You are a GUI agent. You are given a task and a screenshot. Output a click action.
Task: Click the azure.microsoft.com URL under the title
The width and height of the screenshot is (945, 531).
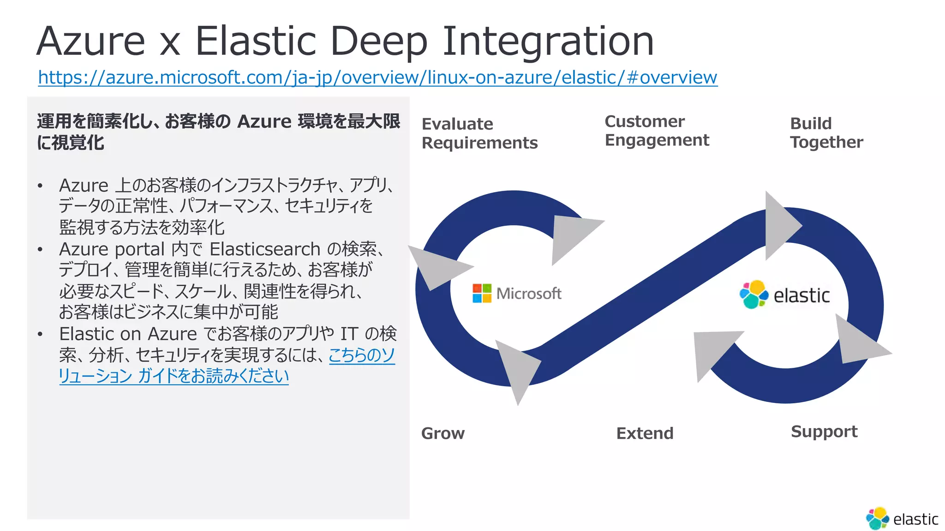(377, 77)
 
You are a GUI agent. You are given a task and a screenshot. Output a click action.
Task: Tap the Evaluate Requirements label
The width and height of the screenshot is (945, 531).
(479, 133)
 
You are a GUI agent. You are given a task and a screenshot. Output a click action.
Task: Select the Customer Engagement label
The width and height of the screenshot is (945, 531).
(656, 130)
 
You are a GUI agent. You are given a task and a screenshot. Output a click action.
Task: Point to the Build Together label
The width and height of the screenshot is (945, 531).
(826, 133)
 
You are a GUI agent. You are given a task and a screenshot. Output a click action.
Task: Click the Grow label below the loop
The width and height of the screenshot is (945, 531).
(443, 433)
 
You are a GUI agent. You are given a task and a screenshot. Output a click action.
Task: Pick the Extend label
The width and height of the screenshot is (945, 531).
(645, 433)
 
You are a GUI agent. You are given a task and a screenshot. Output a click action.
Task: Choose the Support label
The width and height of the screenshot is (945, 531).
(824, 431)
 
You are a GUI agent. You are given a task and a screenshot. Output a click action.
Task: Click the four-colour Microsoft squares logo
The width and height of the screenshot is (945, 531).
(482, 293)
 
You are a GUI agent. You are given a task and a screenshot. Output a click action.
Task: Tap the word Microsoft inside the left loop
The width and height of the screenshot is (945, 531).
(529, 294)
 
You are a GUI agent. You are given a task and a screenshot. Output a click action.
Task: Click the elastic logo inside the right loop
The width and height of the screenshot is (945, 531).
(784, 295)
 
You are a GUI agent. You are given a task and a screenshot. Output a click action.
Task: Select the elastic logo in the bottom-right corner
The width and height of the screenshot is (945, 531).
(902, 519)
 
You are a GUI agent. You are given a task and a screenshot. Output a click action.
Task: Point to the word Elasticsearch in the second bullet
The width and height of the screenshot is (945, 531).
(265, 249)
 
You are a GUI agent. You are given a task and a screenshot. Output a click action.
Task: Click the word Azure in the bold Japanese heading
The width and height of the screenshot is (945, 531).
(264, 122)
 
